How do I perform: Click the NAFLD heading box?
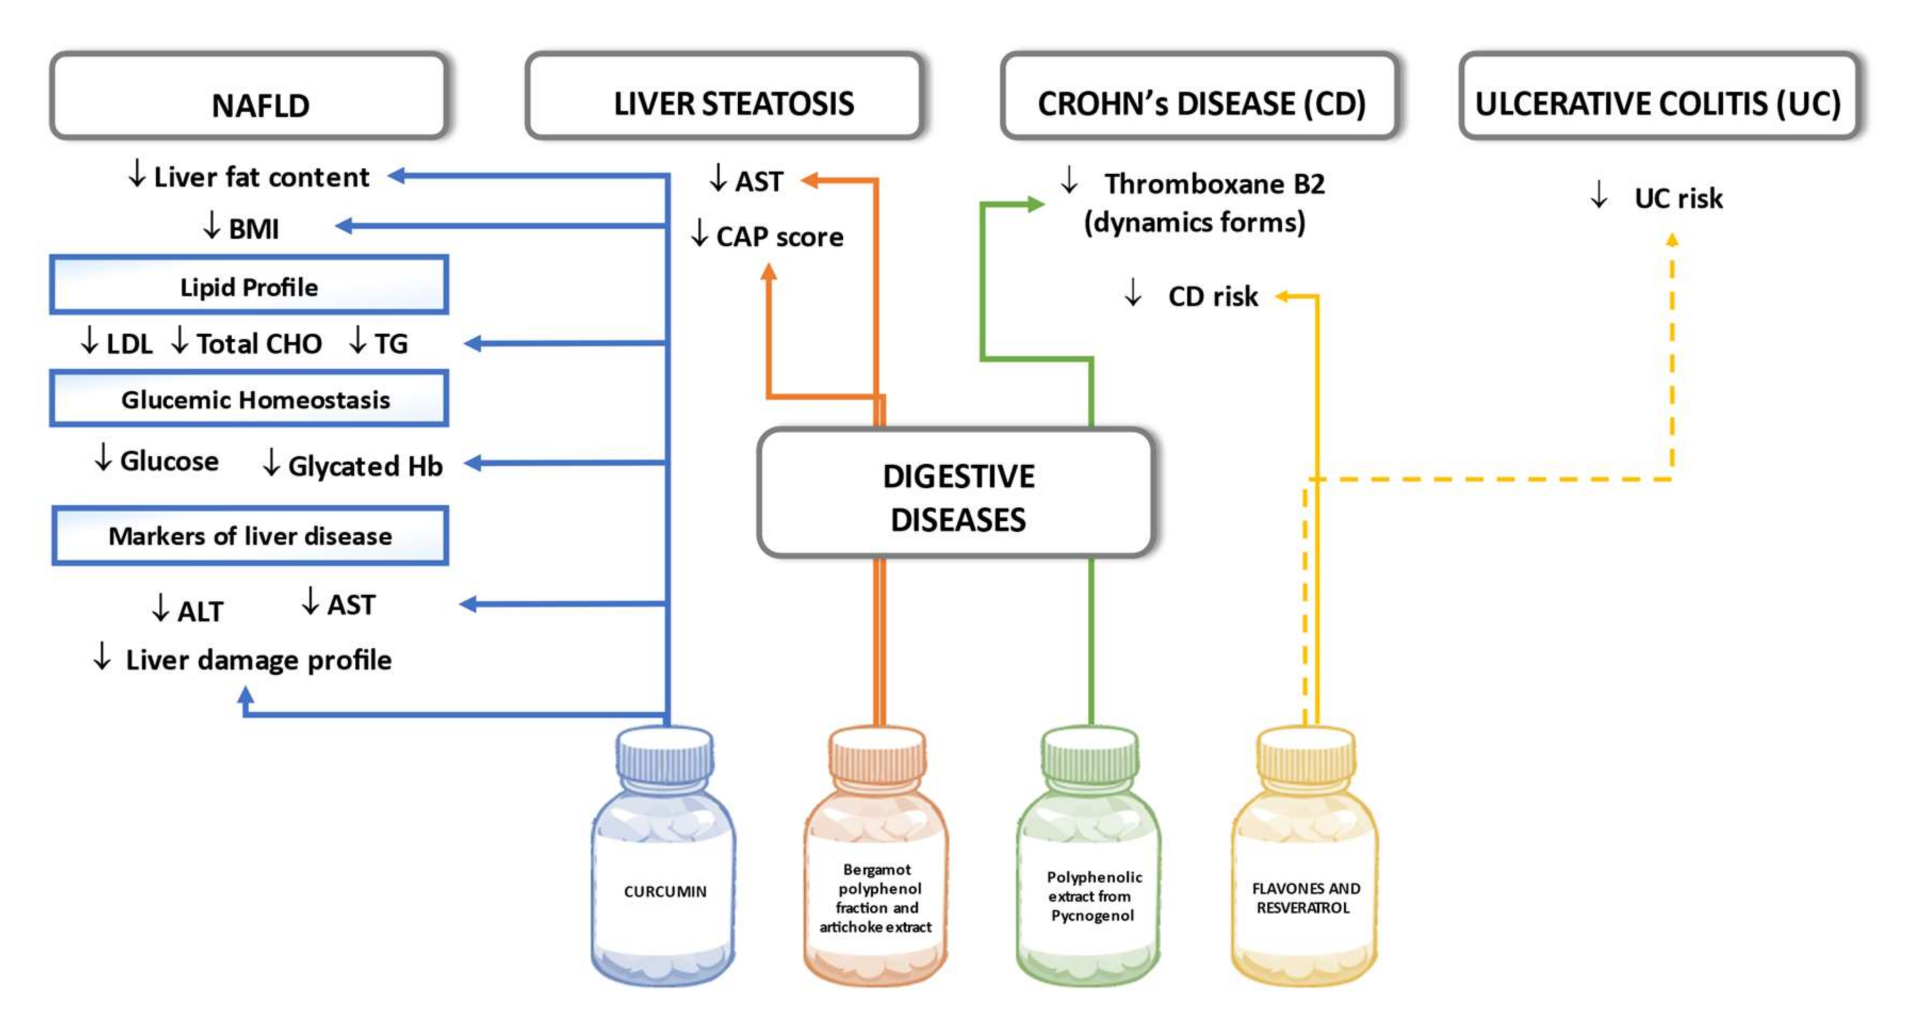249,96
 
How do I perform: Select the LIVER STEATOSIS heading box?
724,96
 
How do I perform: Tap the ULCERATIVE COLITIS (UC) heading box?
1659,96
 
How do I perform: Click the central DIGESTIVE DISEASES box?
957,494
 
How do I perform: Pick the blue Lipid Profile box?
249,286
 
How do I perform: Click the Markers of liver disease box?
250,536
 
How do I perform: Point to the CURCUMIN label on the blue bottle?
664,891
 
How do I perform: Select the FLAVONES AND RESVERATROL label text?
1306,898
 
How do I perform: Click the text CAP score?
779,237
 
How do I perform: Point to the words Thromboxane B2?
1214,184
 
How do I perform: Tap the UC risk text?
1677,198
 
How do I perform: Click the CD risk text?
1212,296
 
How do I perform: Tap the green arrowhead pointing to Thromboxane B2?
1036,204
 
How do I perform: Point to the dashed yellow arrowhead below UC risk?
1672,239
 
